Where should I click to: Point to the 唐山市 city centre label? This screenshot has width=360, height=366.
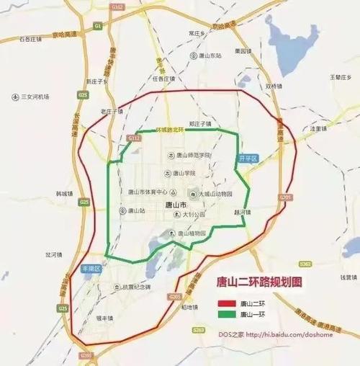(176, 204)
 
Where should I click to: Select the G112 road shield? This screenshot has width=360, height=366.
(133, 137)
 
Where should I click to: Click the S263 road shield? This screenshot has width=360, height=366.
(199, 330)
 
